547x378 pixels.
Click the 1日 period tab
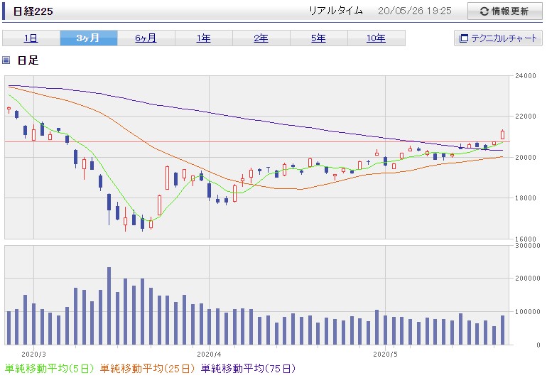[31, 38]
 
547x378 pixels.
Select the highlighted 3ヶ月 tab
[89, 38]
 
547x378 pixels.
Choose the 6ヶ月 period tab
[146, 38]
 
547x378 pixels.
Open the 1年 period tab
[204, 38]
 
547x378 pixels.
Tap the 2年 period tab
[261, 38]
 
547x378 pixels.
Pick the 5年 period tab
[319, 38]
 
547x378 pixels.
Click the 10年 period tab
[377, 38]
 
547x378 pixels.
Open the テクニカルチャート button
[498, 38]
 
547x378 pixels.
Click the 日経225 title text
[33, 11]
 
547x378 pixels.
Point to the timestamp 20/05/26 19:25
[414, 11]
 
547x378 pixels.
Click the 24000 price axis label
[526, 76]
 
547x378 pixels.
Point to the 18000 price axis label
[526, 198]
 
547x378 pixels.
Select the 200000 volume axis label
[527, 279]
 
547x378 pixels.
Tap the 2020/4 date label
[209, 355]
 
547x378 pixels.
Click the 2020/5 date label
[385, 355]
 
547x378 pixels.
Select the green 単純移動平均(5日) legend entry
[49, 369]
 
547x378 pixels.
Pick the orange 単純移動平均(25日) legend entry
[147, 369]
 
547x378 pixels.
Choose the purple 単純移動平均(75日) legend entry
[249, 369]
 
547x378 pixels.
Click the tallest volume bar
[109, 306]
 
